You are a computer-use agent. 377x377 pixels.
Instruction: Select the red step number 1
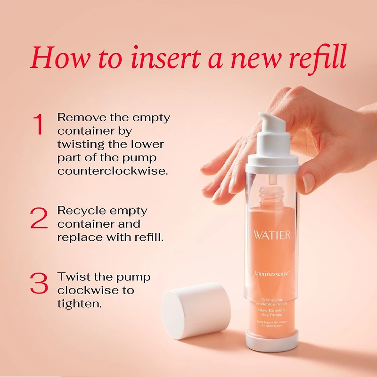(x=39, y=124)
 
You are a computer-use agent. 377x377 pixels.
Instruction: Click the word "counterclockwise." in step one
(x=112, y=171)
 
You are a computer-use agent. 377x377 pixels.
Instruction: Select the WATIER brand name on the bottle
(x=271, y=235)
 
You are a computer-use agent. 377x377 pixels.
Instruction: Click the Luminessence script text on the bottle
(x=272, y=272)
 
